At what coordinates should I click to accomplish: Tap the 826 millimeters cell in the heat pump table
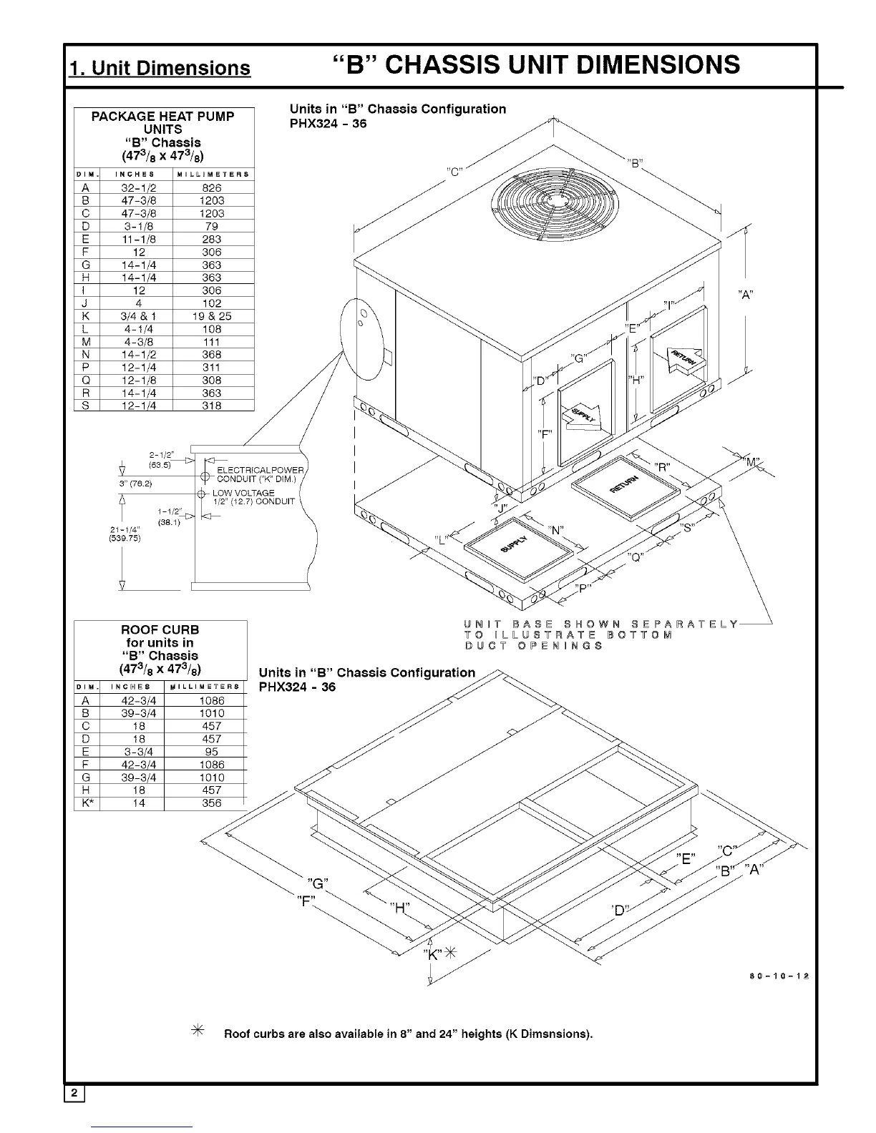click(212, 188)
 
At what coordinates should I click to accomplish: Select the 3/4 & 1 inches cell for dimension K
click(139, 316)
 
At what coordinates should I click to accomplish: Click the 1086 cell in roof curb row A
click(212, 701)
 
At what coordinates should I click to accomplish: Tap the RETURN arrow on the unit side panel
click(683, 358)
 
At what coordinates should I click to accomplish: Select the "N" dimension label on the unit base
click(556, 530)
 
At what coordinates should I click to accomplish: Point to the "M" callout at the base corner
click(754, 461)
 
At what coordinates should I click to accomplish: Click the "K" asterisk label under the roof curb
click(439, 954)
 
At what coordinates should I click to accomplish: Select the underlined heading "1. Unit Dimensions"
click(160, 68)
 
